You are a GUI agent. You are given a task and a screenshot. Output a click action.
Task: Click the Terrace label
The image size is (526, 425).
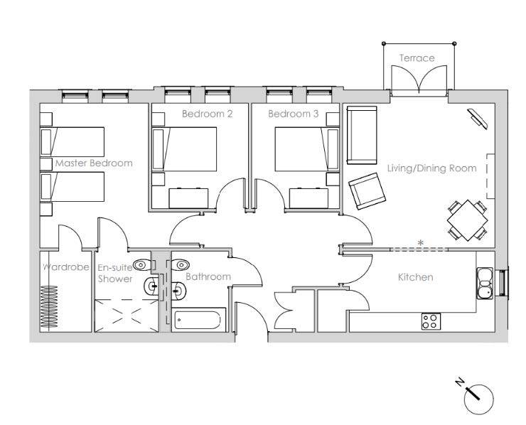pos(417,58)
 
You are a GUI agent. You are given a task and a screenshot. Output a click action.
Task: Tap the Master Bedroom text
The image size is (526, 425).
pos(94,163)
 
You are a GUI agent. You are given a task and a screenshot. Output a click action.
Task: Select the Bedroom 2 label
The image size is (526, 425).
pos(208,114)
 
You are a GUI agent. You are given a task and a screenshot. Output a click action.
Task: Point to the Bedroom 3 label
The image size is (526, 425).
pos(293,114)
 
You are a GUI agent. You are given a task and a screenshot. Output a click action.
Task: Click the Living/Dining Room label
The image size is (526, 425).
pos(431,168)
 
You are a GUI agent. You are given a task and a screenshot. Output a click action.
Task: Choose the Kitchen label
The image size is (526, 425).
pos(415,277)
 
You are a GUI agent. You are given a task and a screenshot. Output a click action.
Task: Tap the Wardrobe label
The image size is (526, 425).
pos(66,267)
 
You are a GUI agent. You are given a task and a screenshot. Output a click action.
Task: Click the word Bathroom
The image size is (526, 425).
pos(208,276)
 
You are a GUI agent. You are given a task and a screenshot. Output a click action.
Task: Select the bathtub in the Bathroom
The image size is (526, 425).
pos(198,320)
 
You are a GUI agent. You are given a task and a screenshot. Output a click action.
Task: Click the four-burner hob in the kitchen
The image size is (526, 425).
pos(431,321)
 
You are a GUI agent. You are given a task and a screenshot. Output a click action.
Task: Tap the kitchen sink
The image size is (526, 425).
pos(485,283)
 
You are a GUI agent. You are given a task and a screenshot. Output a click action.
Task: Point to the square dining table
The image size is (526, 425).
pos(467,220)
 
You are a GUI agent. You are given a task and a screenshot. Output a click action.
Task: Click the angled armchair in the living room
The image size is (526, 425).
pos(367,191)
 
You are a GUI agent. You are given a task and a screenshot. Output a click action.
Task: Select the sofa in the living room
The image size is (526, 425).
pos(362,135)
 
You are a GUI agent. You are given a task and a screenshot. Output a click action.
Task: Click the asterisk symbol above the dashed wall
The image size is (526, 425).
pos(420,242)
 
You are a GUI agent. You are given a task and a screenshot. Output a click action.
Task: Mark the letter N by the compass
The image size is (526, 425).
pos(460,382)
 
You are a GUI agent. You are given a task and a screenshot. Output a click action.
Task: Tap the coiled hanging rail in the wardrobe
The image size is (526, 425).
pos(49,306)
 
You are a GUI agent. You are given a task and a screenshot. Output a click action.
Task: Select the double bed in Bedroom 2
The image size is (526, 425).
pos(184,149)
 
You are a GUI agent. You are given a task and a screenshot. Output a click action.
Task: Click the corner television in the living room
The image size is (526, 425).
pos(478,118)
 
